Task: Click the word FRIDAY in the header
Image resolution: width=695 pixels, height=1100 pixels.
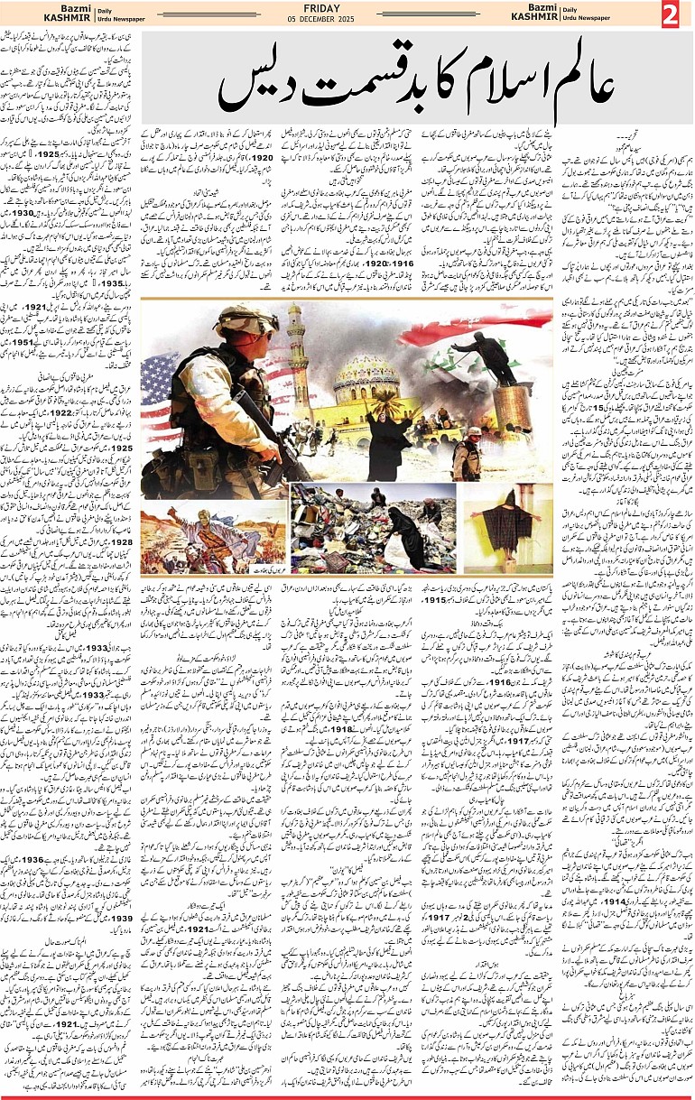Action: [x=347, y=9]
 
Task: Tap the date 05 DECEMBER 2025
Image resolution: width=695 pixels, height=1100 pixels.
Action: [x=347, y=21]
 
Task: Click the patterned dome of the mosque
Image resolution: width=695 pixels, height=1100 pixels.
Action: [x=366, y=374]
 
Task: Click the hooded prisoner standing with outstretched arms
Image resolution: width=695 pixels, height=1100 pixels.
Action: [x=506, y=523]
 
